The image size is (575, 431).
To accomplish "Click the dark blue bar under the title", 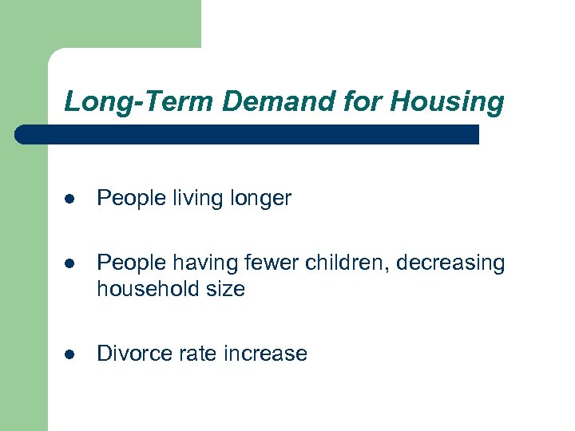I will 248,134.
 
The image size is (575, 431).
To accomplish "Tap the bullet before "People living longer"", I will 70,199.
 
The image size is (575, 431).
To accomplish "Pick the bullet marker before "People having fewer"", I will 70,263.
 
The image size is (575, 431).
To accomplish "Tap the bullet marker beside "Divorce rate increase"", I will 70,354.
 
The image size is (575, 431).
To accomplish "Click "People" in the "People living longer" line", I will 130,199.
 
